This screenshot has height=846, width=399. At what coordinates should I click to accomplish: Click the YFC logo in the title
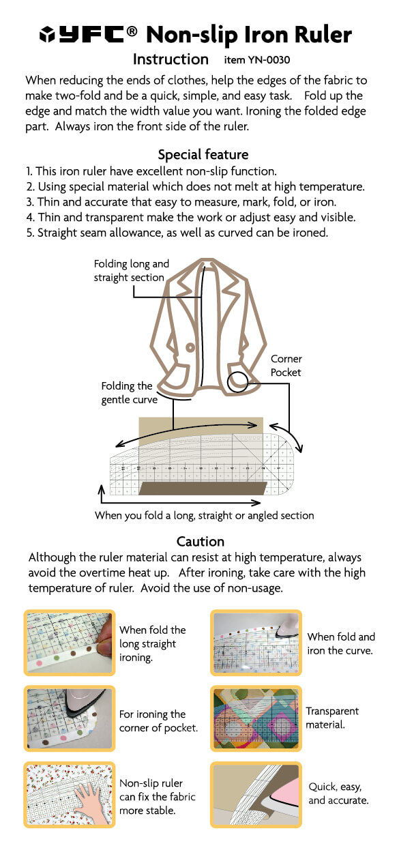click(x=87, y=34)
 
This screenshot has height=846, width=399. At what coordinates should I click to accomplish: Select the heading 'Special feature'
click(x=203, y=154)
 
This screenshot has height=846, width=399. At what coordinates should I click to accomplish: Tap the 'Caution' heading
click(x=201, y=542)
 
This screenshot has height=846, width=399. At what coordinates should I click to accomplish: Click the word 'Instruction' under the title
click(x=171, y=59)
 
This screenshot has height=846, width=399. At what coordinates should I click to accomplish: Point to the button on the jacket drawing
click(x=190, y=347)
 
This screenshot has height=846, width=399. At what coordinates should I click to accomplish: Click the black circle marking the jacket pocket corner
click(x=238, y=382)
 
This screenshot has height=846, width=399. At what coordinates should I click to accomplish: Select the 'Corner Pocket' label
click(x=286, y=366)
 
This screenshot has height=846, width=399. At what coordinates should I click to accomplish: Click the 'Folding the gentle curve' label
click(x=129, y=393)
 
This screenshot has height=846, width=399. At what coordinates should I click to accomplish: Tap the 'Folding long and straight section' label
click(x=132, y=270)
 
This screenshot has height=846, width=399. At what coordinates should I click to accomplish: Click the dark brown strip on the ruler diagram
click(x=203, y=488)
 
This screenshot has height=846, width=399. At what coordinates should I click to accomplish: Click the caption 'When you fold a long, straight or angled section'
click(x=204, y=516)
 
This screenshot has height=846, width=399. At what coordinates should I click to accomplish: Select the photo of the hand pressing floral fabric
click(x=70, y=794)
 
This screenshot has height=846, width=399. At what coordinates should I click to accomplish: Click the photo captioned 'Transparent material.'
click(x=256, y=718)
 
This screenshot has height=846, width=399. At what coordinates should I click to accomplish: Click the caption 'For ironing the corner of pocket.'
click(x=158, y=721)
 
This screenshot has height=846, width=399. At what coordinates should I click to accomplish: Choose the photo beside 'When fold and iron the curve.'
click(x=256, y=643)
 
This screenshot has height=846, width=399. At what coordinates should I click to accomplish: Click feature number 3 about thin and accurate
click(x=181, y=202)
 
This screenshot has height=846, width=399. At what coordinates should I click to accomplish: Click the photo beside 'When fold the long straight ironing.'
click(x=70, y=643)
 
